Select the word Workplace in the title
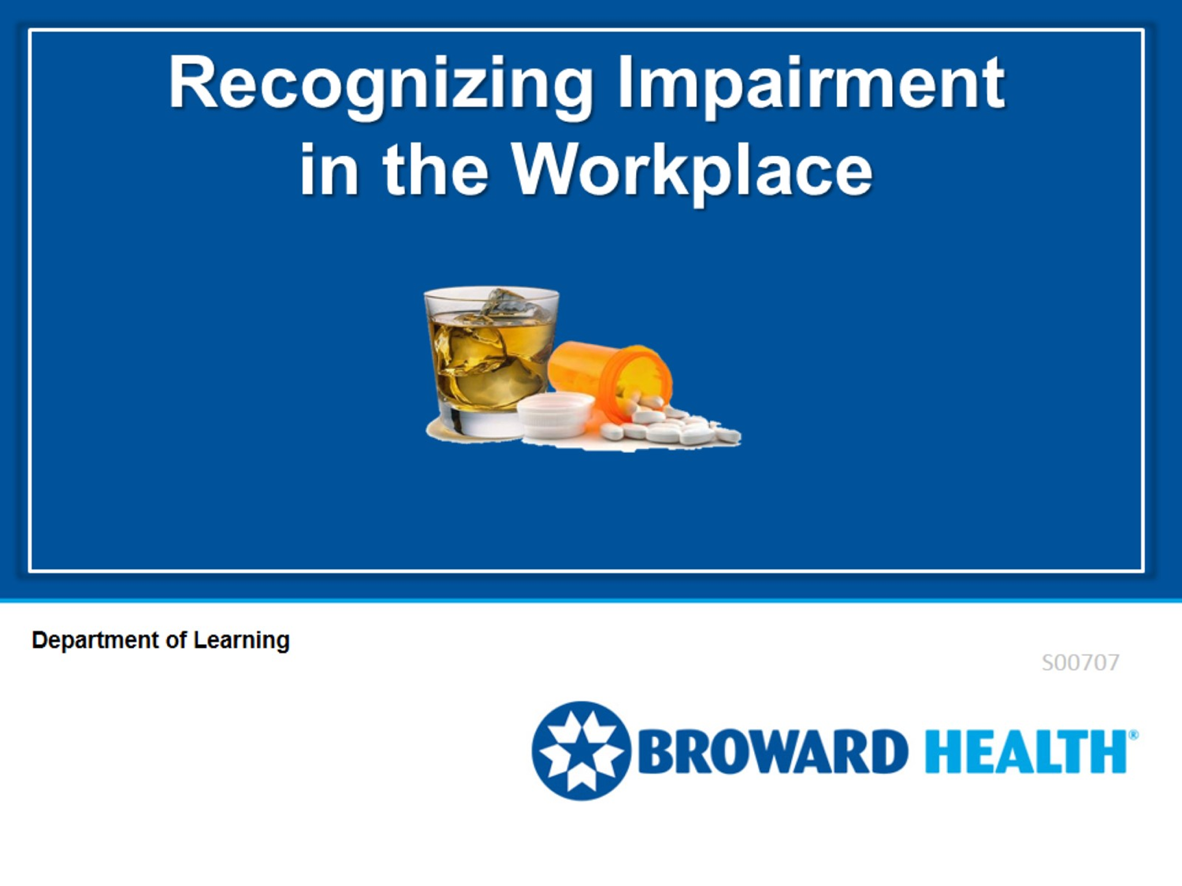coord(692,170)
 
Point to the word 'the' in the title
coord(435,170)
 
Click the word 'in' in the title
coord(329,170)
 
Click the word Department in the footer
coord(95,640)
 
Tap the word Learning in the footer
coord(242,640)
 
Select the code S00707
coord(1080,662)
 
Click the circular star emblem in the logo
coord(581,751)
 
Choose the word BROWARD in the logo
coord(772,752)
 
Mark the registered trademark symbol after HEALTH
coord(1133,735)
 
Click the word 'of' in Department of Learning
coord(177,640)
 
